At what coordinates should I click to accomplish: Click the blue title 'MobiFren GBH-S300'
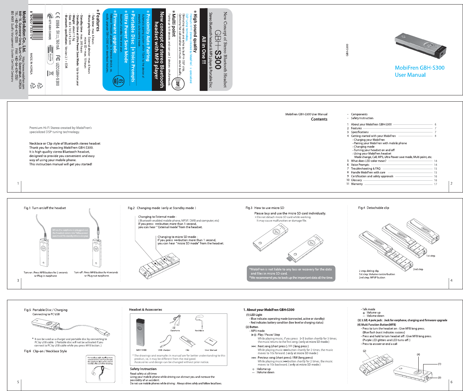419,68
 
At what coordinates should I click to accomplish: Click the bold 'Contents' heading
319,119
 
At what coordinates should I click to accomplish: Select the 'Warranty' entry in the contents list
357,184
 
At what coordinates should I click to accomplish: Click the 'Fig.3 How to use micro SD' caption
265,208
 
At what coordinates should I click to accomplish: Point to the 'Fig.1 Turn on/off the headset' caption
45,208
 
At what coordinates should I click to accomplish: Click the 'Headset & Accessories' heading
146,310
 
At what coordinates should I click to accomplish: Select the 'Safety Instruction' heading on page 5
143,369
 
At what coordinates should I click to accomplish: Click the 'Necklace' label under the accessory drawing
199,331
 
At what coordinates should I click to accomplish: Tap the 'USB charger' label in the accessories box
164,350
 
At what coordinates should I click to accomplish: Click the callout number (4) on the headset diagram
418,355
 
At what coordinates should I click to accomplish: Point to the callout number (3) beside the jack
439,378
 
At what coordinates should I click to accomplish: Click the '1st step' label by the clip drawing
431,256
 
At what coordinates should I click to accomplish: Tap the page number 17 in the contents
435,184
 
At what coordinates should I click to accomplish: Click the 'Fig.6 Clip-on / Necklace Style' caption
45,351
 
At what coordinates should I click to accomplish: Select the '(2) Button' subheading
252,327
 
